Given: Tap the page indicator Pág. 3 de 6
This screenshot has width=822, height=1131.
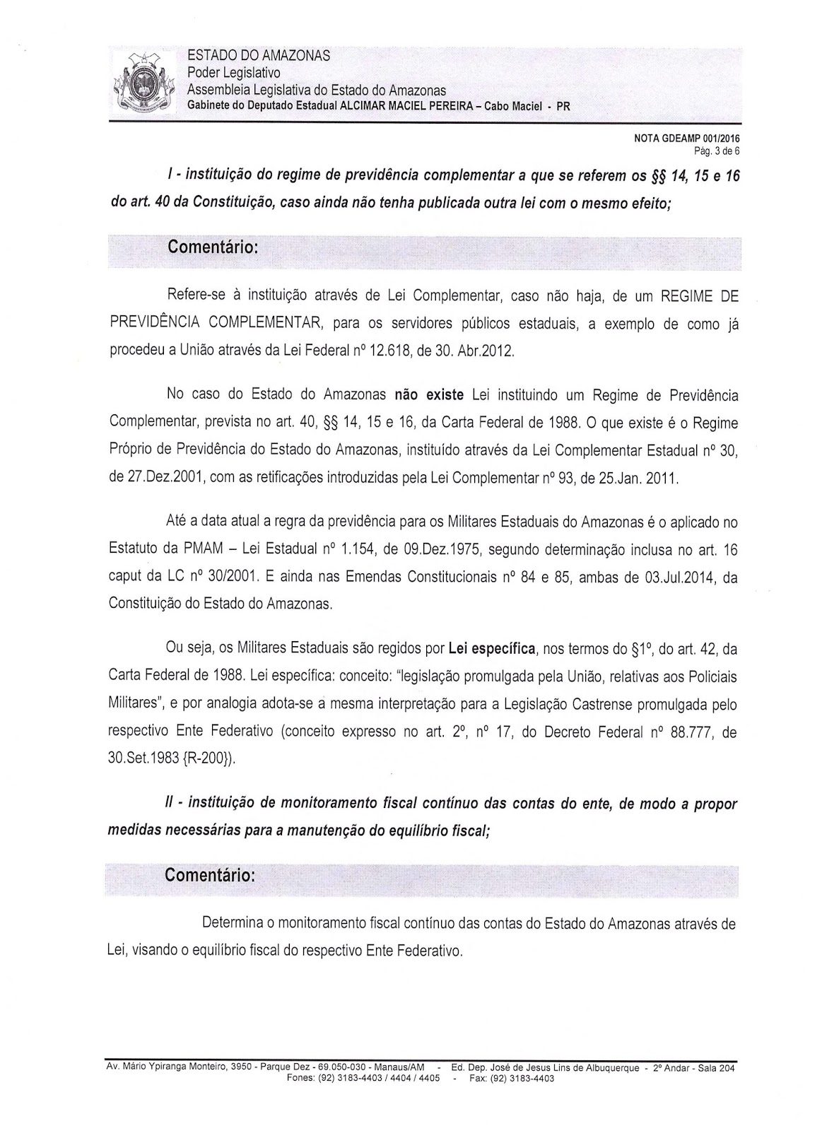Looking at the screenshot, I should click(715, 151).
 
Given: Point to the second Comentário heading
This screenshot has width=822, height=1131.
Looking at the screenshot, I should click(209, 874).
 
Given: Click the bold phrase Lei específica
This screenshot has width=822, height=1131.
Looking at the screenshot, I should click(488, 648).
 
